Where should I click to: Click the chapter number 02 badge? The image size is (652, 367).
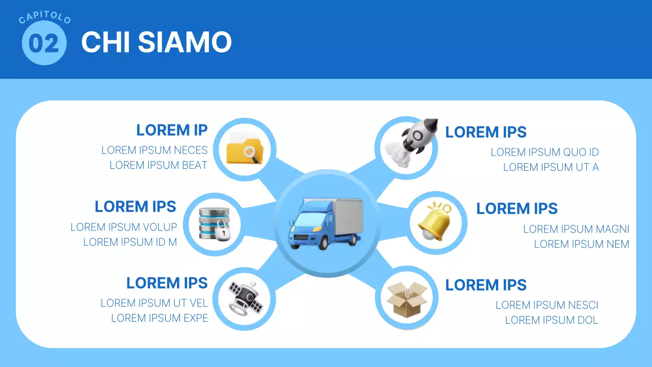coord(44,43)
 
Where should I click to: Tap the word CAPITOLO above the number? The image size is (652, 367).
coord(44,19)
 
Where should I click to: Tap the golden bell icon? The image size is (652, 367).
coord(435,222)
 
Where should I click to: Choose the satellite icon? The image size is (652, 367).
coord(246,298)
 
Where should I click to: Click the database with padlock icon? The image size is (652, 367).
coord(213,224)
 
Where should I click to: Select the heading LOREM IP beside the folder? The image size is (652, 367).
coord(172,130)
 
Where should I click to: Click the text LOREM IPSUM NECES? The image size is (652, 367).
coord(154,150)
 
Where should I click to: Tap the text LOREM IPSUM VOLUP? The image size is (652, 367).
coord(124,227)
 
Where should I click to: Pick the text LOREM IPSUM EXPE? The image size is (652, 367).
coord(159,318)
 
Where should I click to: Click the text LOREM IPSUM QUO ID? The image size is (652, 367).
coord(545,152)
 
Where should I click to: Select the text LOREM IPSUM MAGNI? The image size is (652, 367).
coord(576,229)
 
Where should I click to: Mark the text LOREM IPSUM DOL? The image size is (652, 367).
coord(551,320)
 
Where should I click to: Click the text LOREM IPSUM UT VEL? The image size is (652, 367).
coord(154,303)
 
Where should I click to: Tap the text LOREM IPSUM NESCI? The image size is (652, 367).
coord(547,305)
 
